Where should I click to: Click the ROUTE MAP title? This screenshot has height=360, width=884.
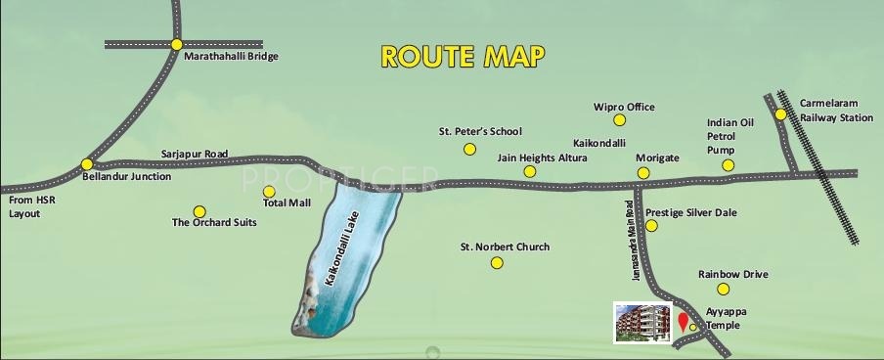[461, 56]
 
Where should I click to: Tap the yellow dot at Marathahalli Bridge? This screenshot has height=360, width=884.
[176, 44]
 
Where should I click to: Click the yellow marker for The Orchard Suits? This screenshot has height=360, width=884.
[199, 211]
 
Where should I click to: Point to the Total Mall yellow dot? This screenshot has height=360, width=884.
[270, 192]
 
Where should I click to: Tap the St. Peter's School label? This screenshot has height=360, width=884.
[480, 131]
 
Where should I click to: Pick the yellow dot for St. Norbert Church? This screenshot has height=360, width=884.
[497, 263]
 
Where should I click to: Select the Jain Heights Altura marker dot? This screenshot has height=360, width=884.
[529, 171]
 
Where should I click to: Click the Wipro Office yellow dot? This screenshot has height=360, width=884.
[619, 120]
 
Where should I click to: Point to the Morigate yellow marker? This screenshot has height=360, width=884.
[643, 172]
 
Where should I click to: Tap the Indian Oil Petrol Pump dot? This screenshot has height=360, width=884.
[728, 165]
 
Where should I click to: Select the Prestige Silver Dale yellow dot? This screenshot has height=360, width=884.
[651, 226]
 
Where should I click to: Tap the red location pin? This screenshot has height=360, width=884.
[682, 322]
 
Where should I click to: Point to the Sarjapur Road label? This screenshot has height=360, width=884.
[195, 155]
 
